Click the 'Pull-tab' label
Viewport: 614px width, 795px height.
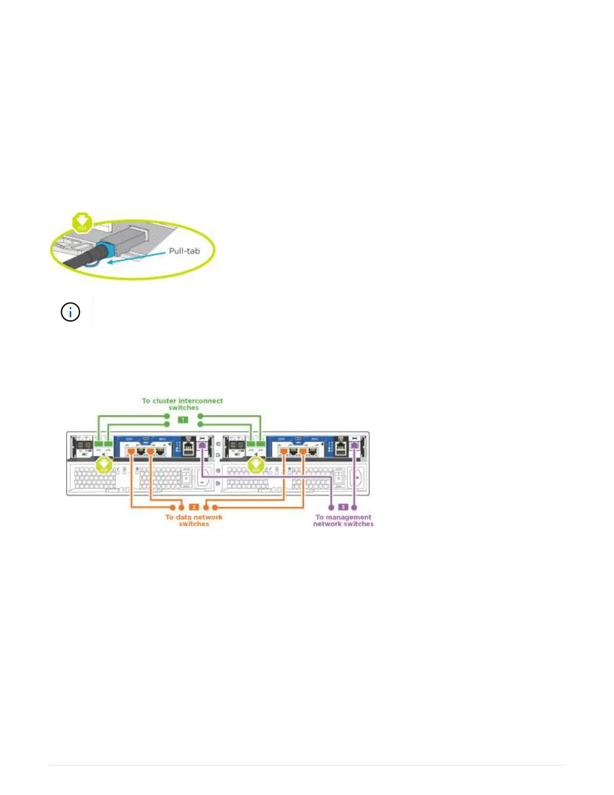pyautogui.click(x=184, y=250)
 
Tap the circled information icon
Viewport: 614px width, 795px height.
pyautogui.click(x=70, y=312)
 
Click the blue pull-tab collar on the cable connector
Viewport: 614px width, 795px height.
pyautogui.click(x=103, y=249)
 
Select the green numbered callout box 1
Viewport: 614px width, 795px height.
pyautogui.click(x=183, y=420)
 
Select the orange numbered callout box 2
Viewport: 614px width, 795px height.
pyautogui.click(x=194, y=507)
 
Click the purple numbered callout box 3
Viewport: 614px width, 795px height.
pyautogui.click(x=343, y=507)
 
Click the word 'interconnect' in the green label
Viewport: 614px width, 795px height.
pyautogui.click(x=201, y=401)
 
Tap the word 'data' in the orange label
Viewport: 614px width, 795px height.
pyautogui.click(x=184, y=517)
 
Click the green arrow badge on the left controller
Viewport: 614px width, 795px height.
pyautogui.click(x=104, y=465)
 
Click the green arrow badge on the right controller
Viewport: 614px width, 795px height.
pyautogui.click(x=256, y=465)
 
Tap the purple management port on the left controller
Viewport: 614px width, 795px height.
pyautogui.click(x=202, y=445)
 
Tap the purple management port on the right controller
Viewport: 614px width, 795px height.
pyautogui.click(x=355, y=445)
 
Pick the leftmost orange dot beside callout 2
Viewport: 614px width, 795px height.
pyautogui.click(x=173, y=507)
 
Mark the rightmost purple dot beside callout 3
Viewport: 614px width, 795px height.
pyautogui.click(x=355, y=507)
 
